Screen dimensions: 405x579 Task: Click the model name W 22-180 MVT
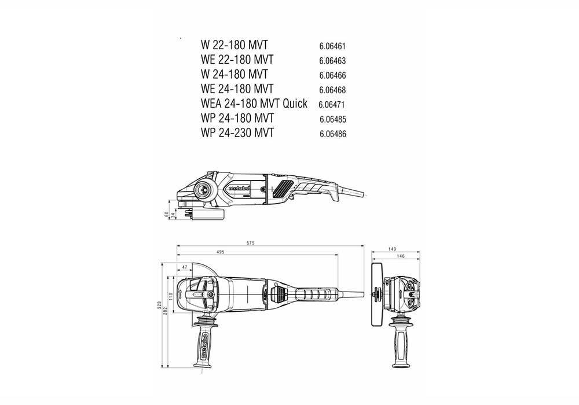(234, 45)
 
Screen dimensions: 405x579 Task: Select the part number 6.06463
(333, 60)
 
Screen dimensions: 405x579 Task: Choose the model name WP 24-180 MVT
(237, 119)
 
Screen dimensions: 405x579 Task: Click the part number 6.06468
(333, 90)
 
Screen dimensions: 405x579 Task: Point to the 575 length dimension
(250, 242)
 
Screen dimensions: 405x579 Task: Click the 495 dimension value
(221, 252)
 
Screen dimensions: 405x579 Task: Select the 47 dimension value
(185, 268)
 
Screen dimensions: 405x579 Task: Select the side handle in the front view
(400, 341)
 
